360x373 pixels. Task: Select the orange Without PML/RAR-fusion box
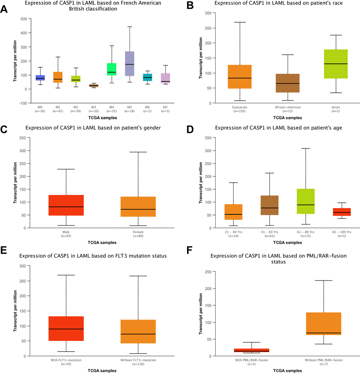tap(324, 329)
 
